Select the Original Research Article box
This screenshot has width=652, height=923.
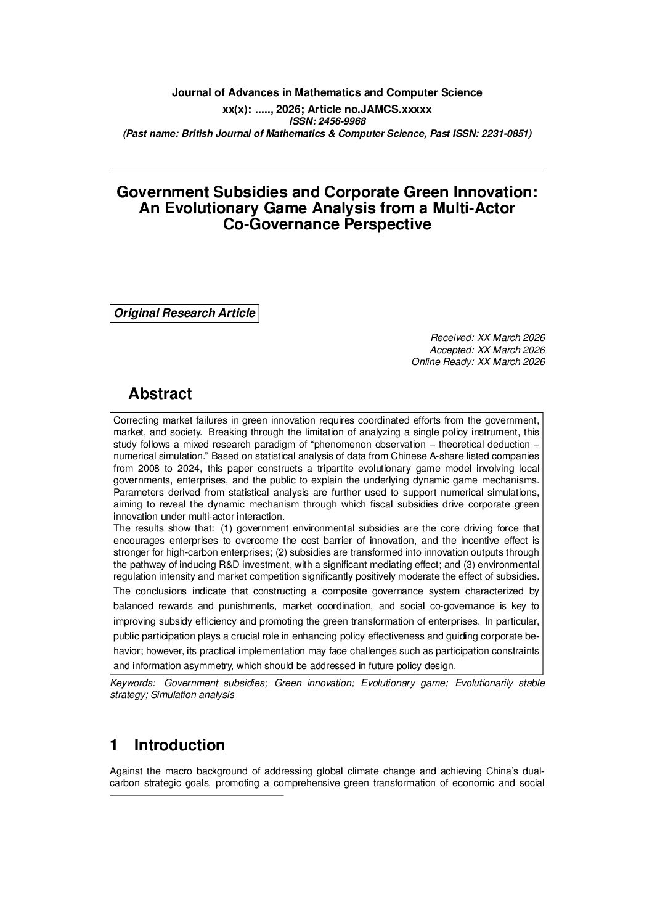click(x=184, y=313)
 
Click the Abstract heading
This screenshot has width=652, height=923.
click(x=160, y=393)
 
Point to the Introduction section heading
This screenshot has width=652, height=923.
click(x=179, y=745)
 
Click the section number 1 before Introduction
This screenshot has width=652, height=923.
click(x=113, y=745)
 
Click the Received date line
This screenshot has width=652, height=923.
click(x=487, y=337)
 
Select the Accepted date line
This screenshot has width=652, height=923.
click(x=487, y=350)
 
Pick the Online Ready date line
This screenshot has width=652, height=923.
click(x=478, y=362)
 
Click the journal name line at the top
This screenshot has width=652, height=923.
click(x=327, y=92)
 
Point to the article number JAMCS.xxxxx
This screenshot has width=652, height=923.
click(x=401, y=109)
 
